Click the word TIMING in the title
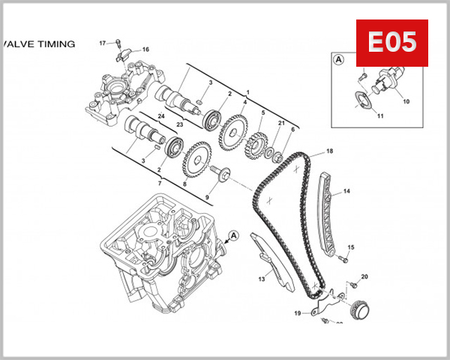(56, 44)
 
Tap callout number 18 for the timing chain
(329, 152)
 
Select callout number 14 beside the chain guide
(346, 192)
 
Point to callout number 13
(262, 279)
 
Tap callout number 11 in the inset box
(380, 116)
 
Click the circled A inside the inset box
(338, 58)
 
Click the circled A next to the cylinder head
(233, 235)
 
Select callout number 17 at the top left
(103, 43)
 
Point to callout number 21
(281, 123)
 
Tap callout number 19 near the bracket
(297, 313)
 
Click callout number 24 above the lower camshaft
(160, 116)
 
